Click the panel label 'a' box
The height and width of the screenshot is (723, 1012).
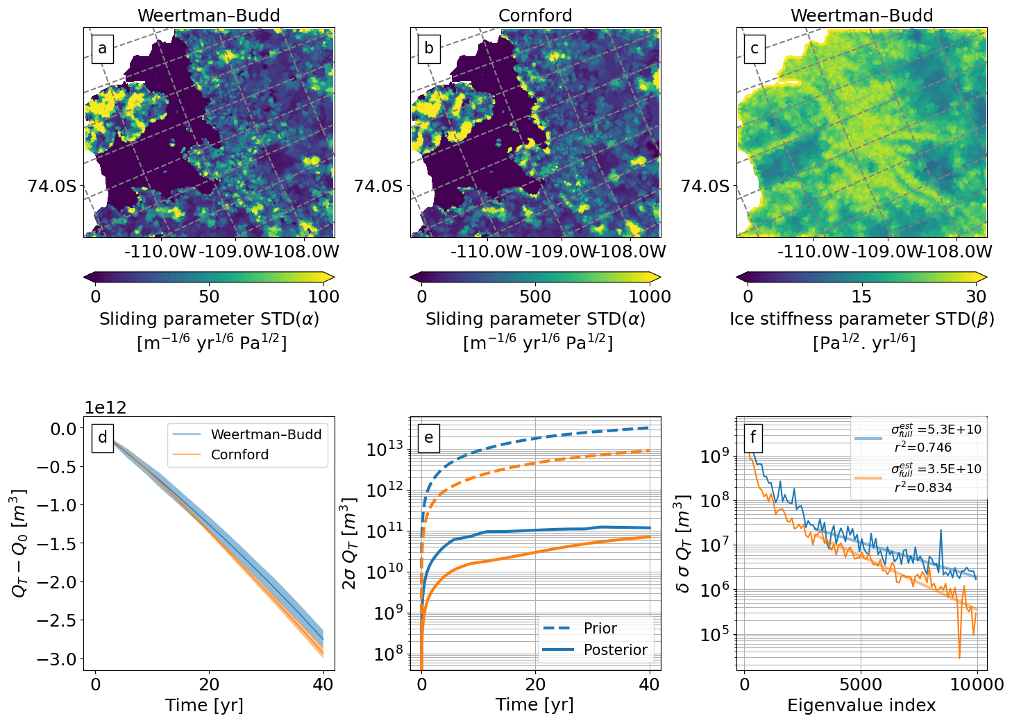(102, 49)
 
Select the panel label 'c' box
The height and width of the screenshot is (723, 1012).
(754, 49)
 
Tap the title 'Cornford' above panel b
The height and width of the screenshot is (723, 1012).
(535, 15)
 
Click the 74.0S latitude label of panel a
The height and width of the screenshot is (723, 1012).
(52, 186)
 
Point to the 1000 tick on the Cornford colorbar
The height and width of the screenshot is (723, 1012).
(650, 296)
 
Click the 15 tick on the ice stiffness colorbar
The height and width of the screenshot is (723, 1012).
(861, 296)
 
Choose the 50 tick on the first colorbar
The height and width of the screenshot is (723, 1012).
(209, 296)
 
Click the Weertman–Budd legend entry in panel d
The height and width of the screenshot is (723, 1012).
(266, 434)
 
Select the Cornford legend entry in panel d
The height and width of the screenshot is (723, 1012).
(239, 454)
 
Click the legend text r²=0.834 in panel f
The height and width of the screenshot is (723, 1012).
(923, 487)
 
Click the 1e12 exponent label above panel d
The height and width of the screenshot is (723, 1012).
(106, 408)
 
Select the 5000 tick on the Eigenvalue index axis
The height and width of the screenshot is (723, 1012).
(861, 685)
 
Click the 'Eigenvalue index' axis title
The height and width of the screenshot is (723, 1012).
(861, 706)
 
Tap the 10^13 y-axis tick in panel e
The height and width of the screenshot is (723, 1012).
(385, 450)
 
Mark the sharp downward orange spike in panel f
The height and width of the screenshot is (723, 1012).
(959, 656)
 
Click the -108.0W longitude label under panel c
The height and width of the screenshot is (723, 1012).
(958, 251)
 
